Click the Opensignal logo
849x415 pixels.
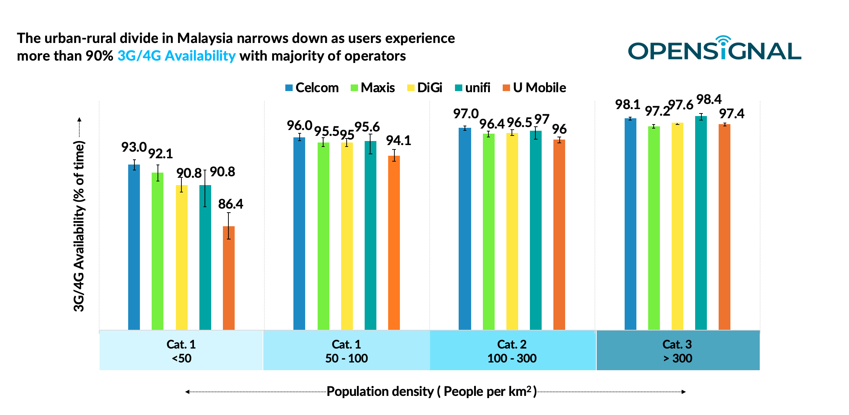tap(714, 50)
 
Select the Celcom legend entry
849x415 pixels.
tap(312, 88)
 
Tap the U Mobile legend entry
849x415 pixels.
tap(534, 88)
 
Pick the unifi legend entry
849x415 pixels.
tap(473, 88)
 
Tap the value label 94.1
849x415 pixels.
tap(398, 141)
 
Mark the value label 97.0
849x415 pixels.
tap(466, 114)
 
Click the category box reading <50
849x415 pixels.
tap(181, 351)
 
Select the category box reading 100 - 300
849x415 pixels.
tap(512, 351)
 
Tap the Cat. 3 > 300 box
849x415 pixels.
tap(678, 351)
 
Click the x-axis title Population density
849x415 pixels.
tap(431, 391)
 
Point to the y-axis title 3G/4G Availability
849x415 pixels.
tap(79, 226)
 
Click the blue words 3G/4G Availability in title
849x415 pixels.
tap(176, 56)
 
